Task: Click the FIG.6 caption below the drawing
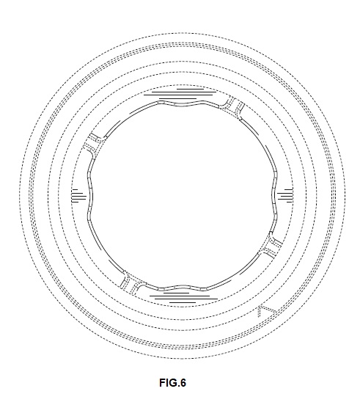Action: [x=172, y=382]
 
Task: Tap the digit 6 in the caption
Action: [x=183, y=382]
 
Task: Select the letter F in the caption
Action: [x=162, y=382]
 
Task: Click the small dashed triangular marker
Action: [x=266, y=311]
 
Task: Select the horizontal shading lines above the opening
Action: [x=183, y=94]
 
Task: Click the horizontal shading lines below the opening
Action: [x=183, y=297]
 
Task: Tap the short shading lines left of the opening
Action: [x=78, y=196]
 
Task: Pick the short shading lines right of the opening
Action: [x=285, y=196]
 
